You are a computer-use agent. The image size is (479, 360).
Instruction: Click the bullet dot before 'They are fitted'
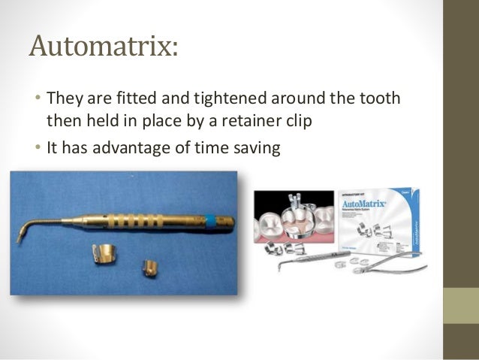pos(37,98)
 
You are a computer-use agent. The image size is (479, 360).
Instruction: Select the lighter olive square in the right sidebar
pos(461,305)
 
